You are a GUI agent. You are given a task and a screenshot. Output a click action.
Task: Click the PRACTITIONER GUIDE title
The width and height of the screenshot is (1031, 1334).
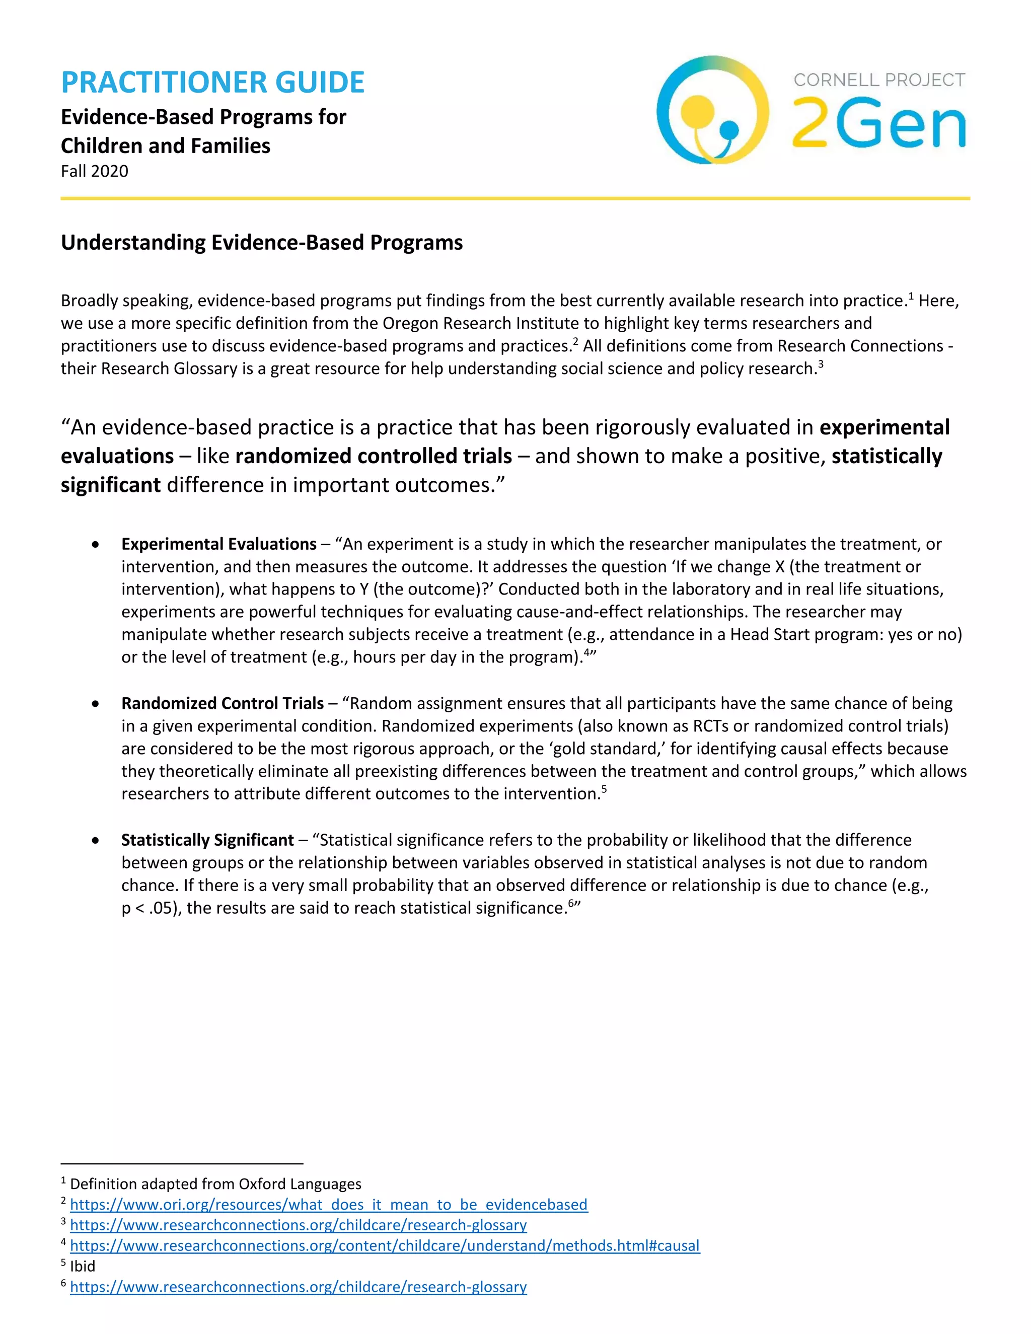(212, 83)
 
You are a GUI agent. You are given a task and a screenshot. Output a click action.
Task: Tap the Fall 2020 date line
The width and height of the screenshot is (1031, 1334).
(95, 171)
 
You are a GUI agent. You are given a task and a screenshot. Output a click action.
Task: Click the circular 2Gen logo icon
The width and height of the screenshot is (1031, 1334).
(712, 110)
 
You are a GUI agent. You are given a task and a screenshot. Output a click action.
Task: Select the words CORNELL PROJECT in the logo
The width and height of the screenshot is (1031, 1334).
(879, 80)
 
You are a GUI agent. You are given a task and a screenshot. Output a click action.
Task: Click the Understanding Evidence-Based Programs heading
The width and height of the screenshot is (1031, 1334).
(261, 243)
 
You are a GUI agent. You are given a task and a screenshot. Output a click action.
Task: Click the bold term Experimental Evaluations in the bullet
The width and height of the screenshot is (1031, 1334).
(218, 544)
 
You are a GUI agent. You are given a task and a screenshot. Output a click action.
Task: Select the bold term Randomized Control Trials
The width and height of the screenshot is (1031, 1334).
(223, 703)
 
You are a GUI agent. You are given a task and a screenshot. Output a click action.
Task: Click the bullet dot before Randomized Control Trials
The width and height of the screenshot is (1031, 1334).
(95, 704)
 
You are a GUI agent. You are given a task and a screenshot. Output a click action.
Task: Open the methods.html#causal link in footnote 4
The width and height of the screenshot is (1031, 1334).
(385, 1245)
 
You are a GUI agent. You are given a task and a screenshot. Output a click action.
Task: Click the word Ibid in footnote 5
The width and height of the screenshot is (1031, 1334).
(83, 1266)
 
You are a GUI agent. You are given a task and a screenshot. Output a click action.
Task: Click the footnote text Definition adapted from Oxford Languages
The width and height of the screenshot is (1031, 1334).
(215, 1184)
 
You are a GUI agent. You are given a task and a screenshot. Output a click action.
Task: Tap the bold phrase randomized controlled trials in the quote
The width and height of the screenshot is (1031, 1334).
(373, 456)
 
